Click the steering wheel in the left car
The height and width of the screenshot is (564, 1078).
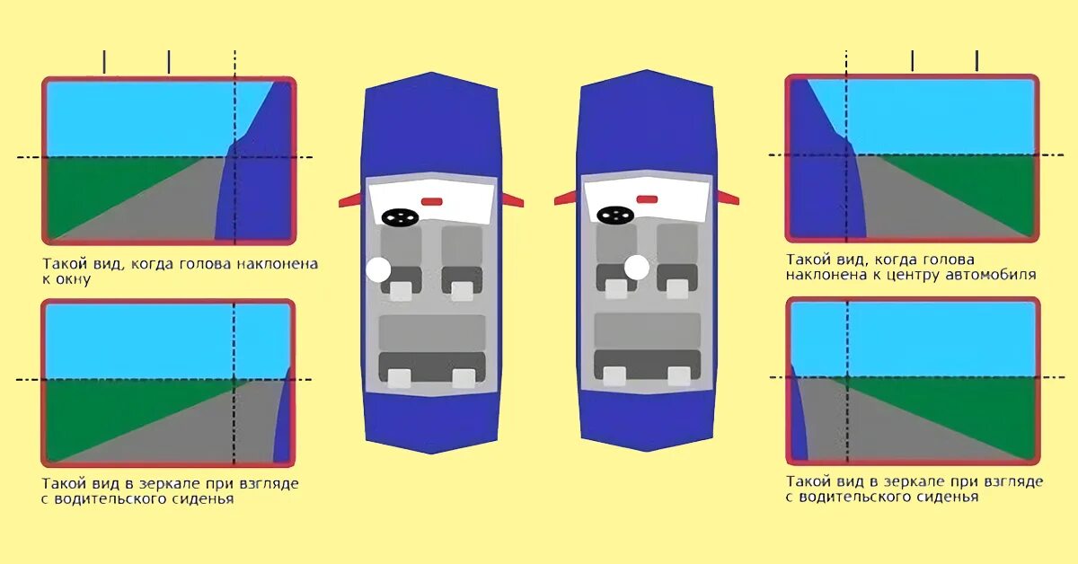point(399,216)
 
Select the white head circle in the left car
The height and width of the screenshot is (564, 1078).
point(379,269)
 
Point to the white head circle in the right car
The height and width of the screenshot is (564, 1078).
point(637,267)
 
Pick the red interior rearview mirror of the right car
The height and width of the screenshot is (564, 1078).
point(647,199)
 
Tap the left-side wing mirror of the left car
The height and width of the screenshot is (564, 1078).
point(349,201)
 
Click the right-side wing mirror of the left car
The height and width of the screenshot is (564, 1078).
point(511,198)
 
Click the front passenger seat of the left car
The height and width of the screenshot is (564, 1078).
point(462,260)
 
